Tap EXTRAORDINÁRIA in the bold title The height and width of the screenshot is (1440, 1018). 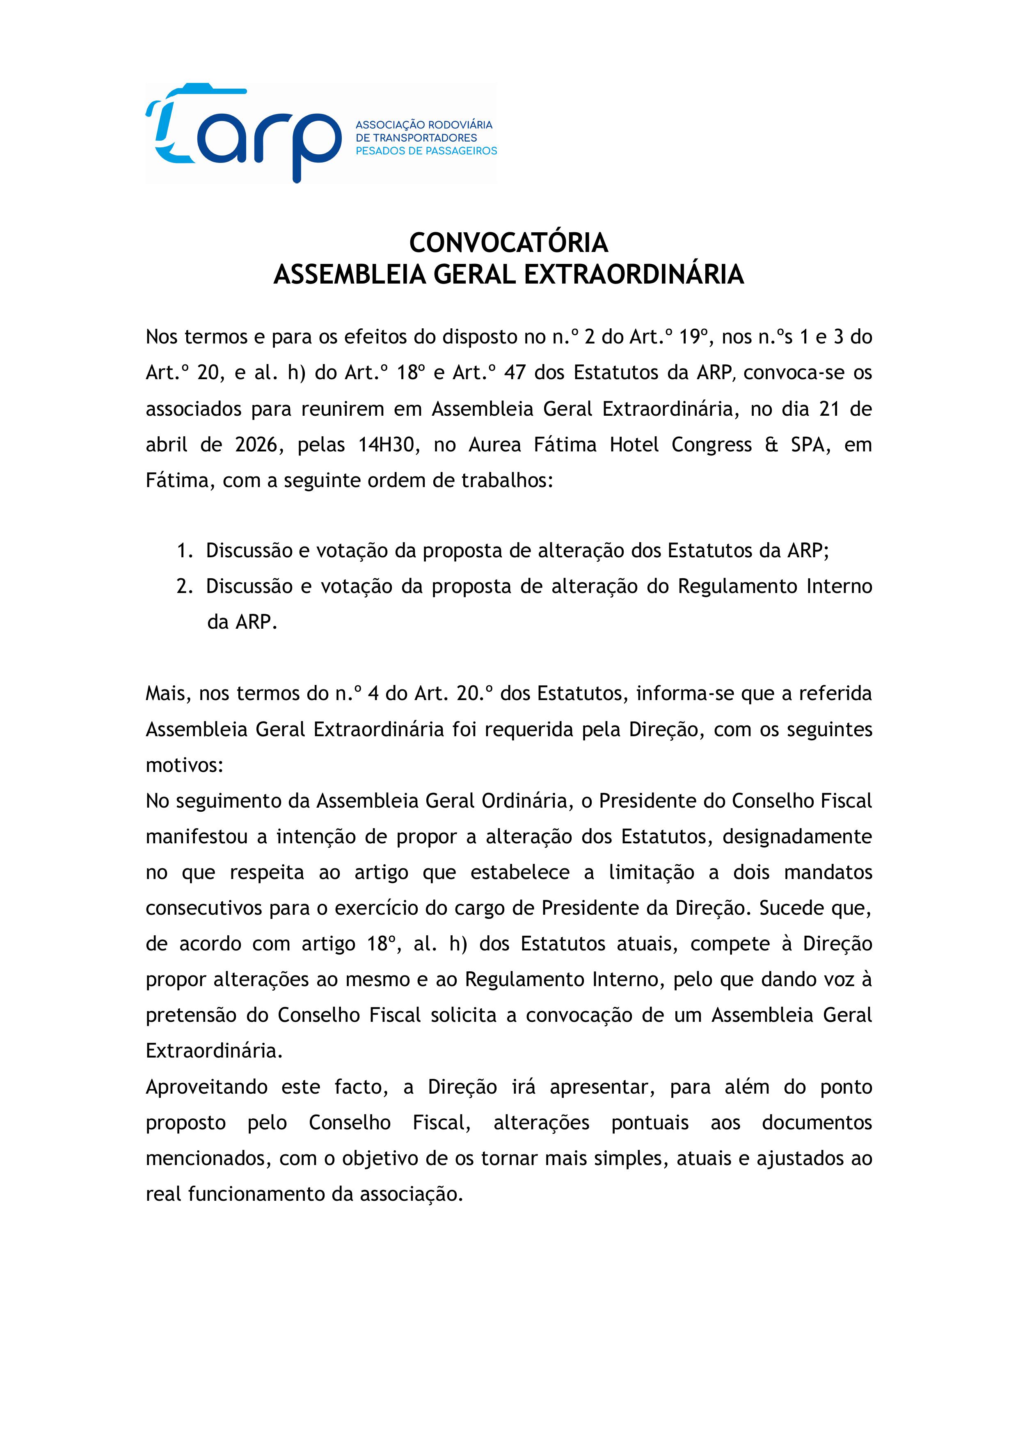coord(634,275)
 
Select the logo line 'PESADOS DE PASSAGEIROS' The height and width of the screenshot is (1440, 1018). coord(426,151)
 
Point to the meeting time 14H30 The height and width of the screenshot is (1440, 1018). coord(387,445)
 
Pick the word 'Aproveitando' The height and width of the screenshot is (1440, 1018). coord(206,1087)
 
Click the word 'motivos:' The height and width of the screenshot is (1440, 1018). coord(184,765)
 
